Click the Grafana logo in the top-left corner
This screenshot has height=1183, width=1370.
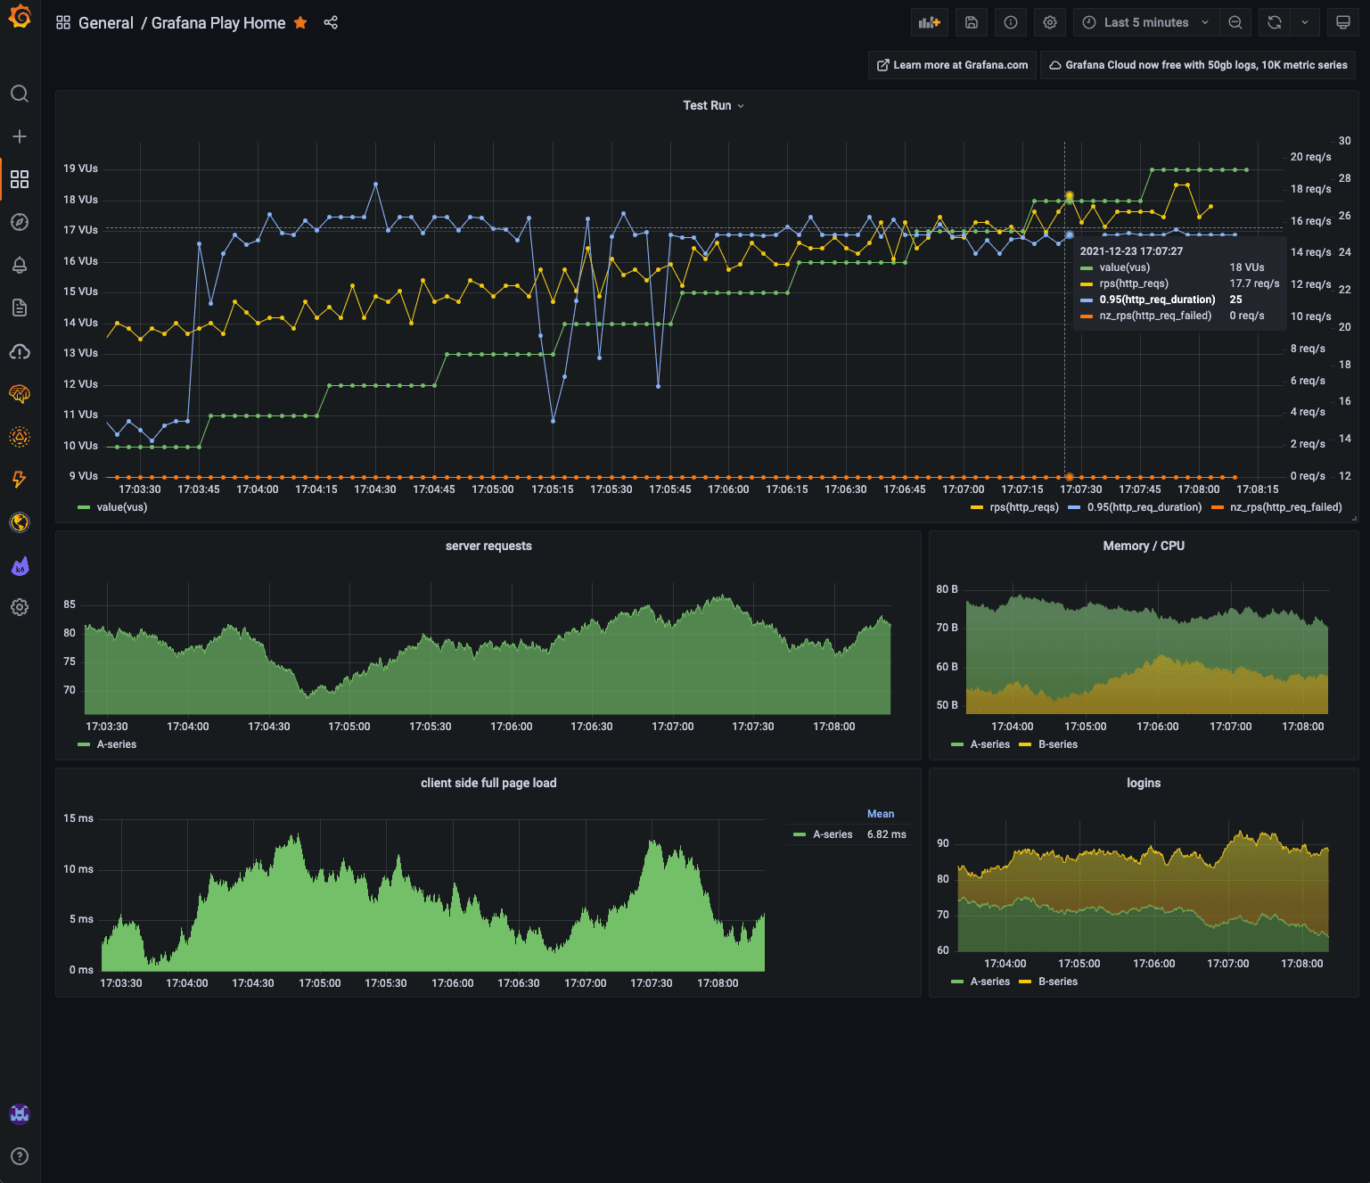[x=20, y=17]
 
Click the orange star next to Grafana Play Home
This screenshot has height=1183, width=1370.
[x=300, y=23]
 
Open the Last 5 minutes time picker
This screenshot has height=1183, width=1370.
[x=1145, y=23]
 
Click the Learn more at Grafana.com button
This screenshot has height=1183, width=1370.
[x=952, y=65]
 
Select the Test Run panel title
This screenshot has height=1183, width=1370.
[x=707, y=105]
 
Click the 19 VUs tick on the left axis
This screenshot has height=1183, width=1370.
[x=81, y=168]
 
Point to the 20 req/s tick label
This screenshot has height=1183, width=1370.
[x=1310, y=157]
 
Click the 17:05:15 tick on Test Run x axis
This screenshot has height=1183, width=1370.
[x=553, y=489]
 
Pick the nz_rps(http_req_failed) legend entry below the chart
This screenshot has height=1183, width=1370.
[x=1285, y=507]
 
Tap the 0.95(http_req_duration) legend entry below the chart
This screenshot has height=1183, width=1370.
[x=1144, y=507]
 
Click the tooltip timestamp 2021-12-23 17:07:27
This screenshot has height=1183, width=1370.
[x=1131, y=251]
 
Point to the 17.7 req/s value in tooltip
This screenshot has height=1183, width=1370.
[x=1254, y=283]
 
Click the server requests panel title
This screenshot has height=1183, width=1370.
[x=488, y=546]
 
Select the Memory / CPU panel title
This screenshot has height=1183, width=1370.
[x=1144, y=546]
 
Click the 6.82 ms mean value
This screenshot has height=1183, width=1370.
[x=886, y=834]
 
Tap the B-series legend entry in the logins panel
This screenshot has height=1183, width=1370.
[x=1057, y=982]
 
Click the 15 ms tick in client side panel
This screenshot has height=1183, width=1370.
[x=78, y=818]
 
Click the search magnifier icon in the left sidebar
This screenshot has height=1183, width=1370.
[x=20, y=94]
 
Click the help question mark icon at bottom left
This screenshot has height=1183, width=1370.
[x=20, y=1156]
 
